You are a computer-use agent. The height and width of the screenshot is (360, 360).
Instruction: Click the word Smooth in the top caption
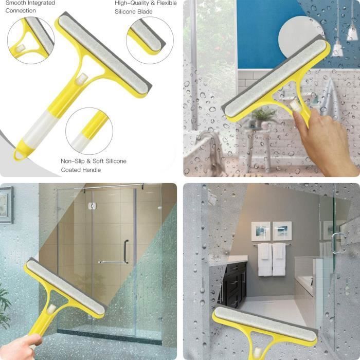pyautogui.click(x=14, y=3)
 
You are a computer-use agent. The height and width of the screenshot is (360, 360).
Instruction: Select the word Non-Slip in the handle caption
pyautogui.click(x=73, y=161)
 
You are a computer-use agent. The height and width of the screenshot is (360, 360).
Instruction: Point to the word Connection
pyautogui.click(x=21, y=11)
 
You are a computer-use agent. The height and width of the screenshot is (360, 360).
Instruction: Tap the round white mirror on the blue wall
pyautogui.click(x=298, y=37)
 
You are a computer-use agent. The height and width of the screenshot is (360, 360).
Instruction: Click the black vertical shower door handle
pyautogui.click(x=126, y=251)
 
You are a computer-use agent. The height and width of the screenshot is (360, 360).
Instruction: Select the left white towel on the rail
pyautogui.click(x=265, y=259)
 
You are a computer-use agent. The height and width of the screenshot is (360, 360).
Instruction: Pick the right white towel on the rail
pyautogui.click(x=279, y=259)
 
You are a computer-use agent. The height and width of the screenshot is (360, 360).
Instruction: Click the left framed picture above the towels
pyautogui.click(x=261, y=231)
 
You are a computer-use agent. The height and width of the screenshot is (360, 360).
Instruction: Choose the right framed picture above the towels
pyautogui.click(x=282, y=231)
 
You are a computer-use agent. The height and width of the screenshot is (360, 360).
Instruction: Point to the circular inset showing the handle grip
pyautogui.click(x=89, y=131)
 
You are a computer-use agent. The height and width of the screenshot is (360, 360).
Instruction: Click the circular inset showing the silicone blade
pyautogui.click(x=150, y=41)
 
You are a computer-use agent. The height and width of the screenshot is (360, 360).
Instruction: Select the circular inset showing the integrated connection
pyautogui.click(x=31, y=41)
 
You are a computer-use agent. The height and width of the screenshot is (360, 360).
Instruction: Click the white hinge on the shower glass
pyautogui.click(x=92, y=206)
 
